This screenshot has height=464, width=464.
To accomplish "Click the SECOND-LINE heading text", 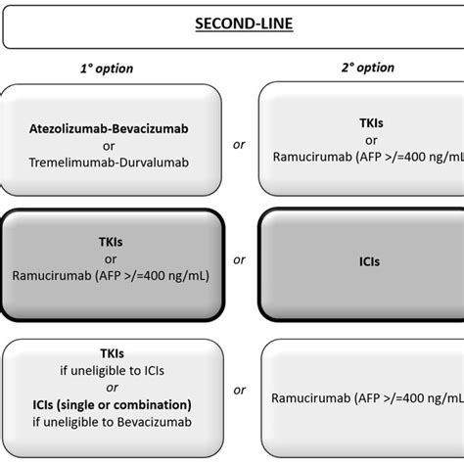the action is click(244, 23).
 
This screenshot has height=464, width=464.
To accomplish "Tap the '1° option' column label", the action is click(107, 69).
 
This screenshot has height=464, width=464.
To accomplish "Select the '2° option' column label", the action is click(368, 68).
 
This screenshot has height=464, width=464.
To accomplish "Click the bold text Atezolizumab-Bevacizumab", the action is click(109, 128).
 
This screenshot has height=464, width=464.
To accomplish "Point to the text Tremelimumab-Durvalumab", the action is click(109, 162).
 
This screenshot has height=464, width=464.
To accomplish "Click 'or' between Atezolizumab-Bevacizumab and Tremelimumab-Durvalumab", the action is click(109, 146).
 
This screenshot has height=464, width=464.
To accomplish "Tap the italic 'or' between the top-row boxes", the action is click(239, 144).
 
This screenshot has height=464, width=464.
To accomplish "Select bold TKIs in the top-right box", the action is click(371, 123).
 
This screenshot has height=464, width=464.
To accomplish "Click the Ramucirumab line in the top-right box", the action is click(368, 157).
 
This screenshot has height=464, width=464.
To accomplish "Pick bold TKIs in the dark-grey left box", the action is click(111, 242).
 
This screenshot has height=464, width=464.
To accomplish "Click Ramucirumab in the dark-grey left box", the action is click(52, 276).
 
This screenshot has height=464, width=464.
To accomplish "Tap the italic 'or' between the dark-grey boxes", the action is click(239, 259).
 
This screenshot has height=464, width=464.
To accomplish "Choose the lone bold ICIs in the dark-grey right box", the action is click(369, 261).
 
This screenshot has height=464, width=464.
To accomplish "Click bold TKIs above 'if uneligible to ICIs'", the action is click(112, 353).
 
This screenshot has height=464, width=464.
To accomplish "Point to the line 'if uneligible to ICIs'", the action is click(112, 370).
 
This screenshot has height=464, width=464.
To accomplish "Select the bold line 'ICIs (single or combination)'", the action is click(112, 404).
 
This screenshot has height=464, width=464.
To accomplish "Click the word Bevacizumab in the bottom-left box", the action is click(155, 422).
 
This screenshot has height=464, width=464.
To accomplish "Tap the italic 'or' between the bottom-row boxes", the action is click(239, 390).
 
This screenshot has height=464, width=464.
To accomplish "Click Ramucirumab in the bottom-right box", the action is click(311, 398).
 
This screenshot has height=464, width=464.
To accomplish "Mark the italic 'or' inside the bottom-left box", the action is click(112, 388).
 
